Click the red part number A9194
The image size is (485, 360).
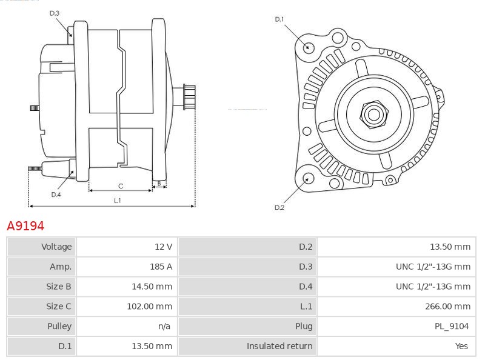[x=25, y=226]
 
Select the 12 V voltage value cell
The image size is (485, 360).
[x=164, y=247]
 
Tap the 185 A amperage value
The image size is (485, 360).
[x=161, y=267]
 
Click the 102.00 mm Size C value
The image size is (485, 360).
[x=149, y=306]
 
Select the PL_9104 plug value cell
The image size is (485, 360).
[x=451, y=326]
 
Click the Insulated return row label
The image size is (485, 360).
[x=279, y=346]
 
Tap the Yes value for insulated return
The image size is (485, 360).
[x=461, y=346]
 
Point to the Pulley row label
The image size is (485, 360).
[x=59, y=326]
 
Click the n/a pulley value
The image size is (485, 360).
[x=164, y=326]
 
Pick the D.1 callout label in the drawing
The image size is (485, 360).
[x=279, y=19]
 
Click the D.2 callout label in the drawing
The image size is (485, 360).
[x=279, y=207]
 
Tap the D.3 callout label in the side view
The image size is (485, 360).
[x=55, y=13]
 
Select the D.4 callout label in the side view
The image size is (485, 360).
[x=56, y=195]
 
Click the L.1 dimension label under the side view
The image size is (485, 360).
[x=117, y=201]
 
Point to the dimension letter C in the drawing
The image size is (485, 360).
[x=121, y=186]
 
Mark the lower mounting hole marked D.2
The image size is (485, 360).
[x=308, y=178]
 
